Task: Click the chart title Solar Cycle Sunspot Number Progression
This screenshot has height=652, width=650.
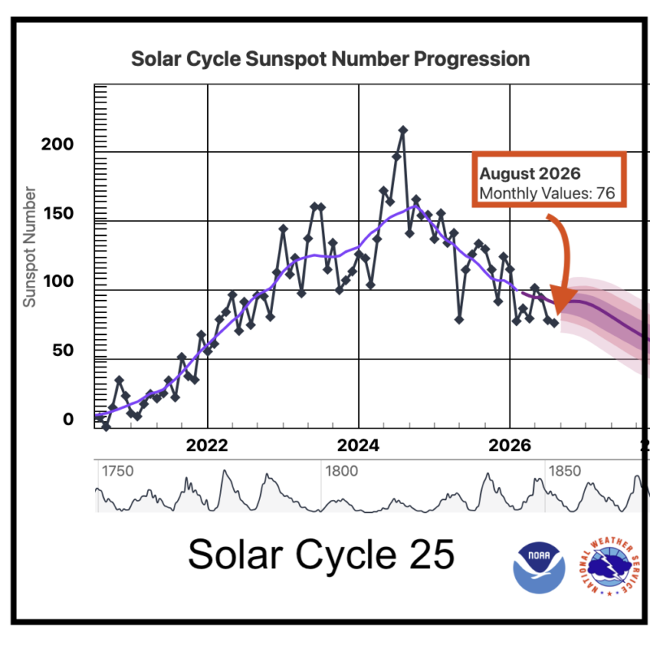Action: pos(331,59)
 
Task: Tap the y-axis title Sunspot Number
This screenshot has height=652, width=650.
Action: pos(29,246)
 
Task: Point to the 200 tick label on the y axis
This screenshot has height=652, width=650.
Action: pos(58,144)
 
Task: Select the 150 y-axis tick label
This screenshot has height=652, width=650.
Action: pos(58,213)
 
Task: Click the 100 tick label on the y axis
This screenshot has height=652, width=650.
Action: pos(58,281)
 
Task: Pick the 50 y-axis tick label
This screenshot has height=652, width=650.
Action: pos(63,350)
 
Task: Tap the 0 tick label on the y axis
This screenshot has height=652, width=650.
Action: pos(68,419)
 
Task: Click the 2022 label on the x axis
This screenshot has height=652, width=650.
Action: pos(207,446)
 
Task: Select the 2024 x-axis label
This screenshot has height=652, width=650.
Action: pos(358,446)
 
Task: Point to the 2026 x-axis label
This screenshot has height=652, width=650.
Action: pos(509,446)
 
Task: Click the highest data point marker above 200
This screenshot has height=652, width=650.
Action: pos(403,130)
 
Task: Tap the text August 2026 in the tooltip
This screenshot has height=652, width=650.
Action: pos(530,173)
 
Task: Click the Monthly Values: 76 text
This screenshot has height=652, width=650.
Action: pos(547,193)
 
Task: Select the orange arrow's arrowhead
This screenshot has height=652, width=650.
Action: pos(563,300)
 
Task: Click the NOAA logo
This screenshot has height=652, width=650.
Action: pos(539,567)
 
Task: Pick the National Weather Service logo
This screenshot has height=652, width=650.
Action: pos(609,567)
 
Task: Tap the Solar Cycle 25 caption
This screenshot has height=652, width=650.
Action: pos(321,554)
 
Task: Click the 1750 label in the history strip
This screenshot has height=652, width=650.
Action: pos(118,472)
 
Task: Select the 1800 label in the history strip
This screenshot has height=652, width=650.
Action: pos(341,472)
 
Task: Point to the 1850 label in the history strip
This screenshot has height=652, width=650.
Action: pos(565,472)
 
